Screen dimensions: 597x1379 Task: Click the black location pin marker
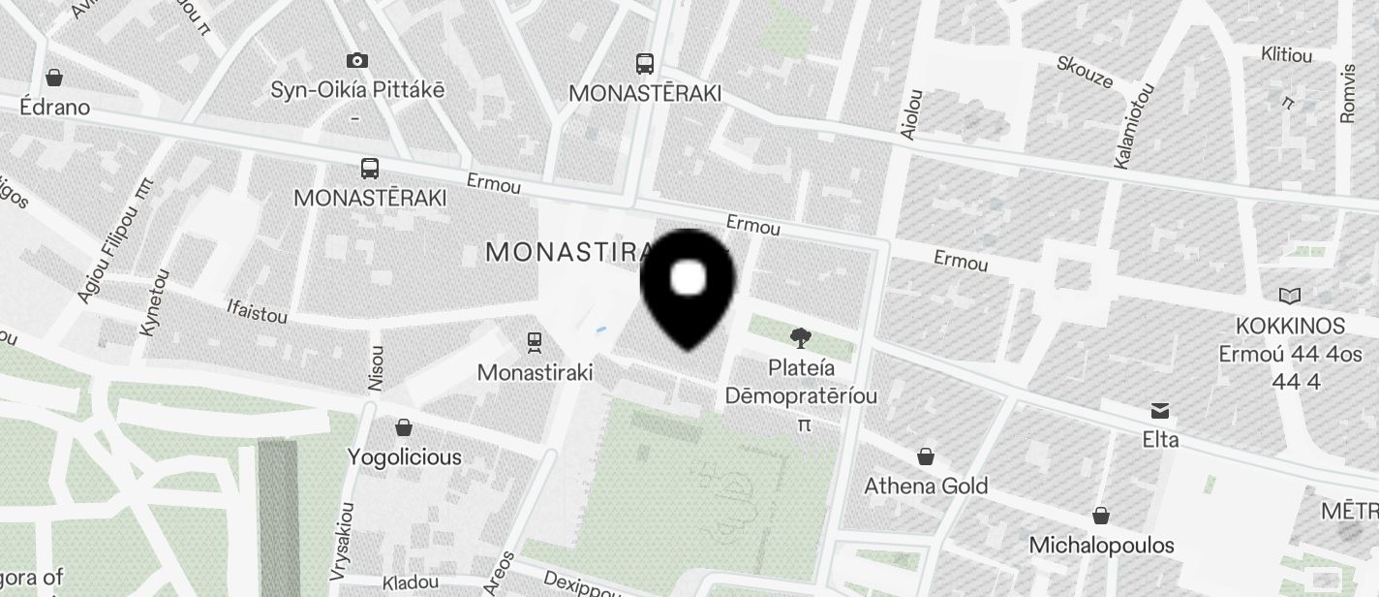coord(689,286)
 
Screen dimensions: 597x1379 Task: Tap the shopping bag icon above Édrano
coord(54,78)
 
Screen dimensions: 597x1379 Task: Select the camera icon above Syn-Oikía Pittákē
coord(357,61)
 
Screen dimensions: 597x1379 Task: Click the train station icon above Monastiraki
coord(534,342)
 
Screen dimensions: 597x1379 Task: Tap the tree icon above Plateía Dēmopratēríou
coord(800,338)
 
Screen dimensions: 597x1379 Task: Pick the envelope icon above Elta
coord(1159,411)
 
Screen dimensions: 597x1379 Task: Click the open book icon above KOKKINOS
coord(1290,296)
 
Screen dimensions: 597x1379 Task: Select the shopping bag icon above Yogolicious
coord(404,427)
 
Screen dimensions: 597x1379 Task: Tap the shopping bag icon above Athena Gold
coord(926,456)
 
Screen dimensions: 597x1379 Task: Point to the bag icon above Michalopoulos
coord(1101,516)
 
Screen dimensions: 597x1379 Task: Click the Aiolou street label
coord(911,114)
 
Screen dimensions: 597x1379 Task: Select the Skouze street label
coord(1085,73)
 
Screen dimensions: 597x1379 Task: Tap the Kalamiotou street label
coord(1135,126)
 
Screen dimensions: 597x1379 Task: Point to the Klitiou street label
coord(1287,55)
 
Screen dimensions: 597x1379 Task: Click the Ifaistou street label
coord(257,312)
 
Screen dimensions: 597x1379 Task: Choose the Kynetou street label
coord(155,302)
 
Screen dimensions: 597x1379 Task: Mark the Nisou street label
coord(376,368)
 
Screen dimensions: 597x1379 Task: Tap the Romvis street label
coord(1347,93)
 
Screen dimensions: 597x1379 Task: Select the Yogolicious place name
coord(405,456)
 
